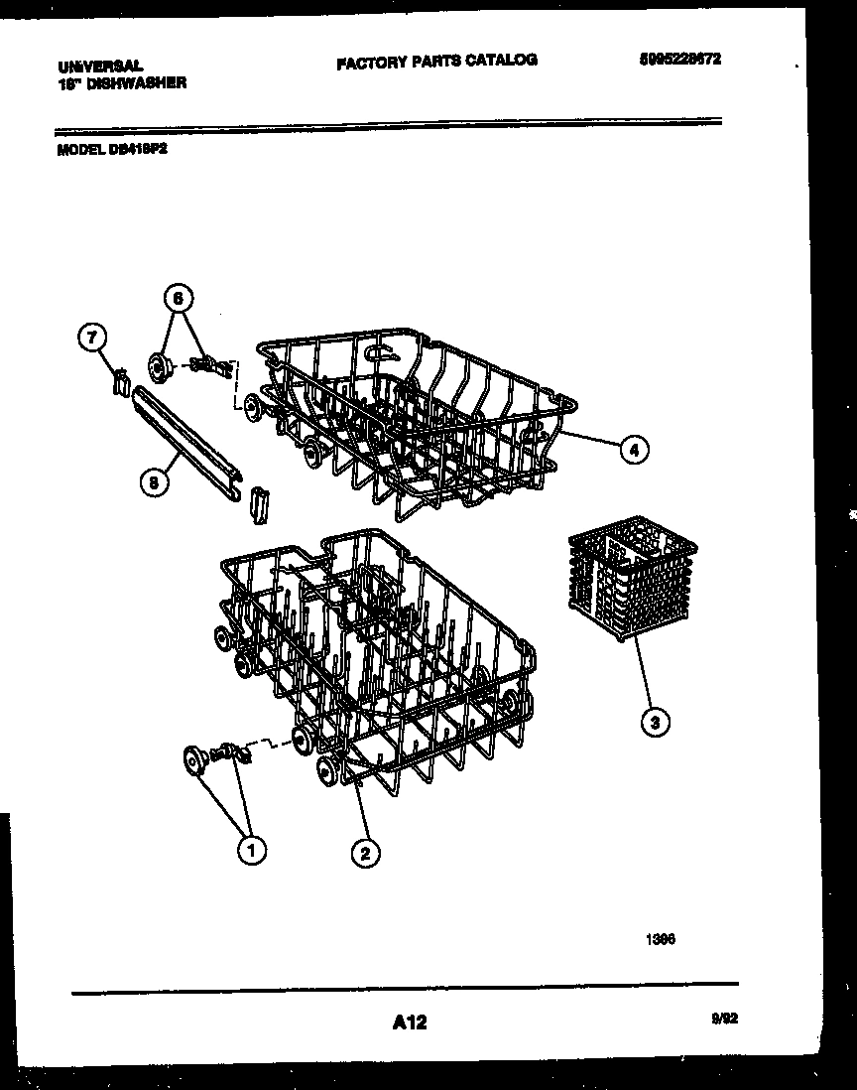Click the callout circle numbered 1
[251, 850]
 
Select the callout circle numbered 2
[365, 852]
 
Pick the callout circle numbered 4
[634, 450]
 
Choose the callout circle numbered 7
[91, 338]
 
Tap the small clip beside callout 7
[121, 380]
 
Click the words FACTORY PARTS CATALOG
[436, 61]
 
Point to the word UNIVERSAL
[93, 67]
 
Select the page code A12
[409, 1021]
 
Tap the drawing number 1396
[661, 938]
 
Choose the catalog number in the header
[679, 59]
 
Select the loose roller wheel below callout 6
[158, 366]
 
